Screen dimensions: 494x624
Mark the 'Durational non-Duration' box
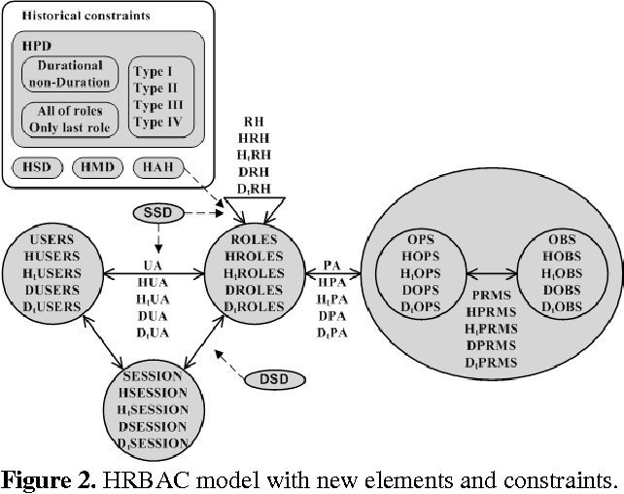tap(69, 73)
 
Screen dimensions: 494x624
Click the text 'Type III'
tap(162, 105)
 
